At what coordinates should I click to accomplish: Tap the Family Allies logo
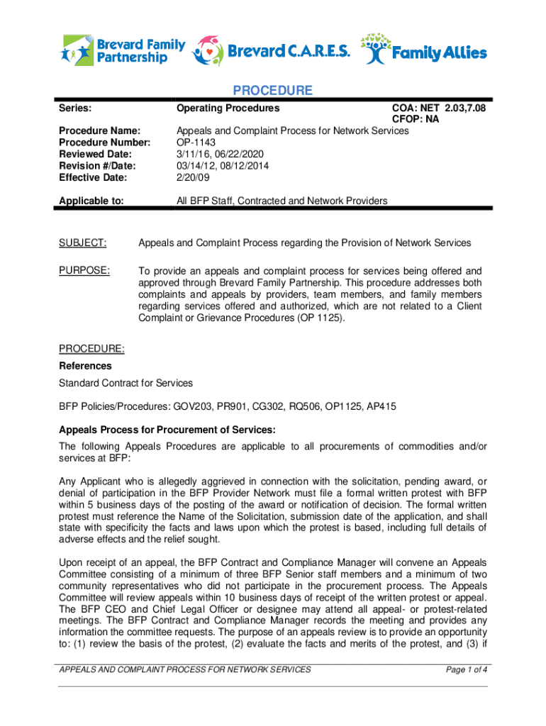[x=424, y=50]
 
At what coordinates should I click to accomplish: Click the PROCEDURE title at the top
[x=273, y=91]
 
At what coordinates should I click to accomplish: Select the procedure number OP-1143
[x=196, y=142]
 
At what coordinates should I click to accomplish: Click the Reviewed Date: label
[x=94, y=153]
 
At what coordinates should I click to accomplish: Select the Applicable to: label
[x=91, y=201]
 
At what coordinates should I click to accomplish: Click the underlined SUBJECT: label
[x=83, y=243]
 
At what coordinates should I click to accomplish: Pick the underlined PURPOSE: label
[x=84, y=270]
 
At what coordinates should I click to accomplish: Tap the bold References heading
[x=85, y=366]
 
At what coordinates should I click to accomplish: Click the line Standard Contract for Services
[x=126, y=383]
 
